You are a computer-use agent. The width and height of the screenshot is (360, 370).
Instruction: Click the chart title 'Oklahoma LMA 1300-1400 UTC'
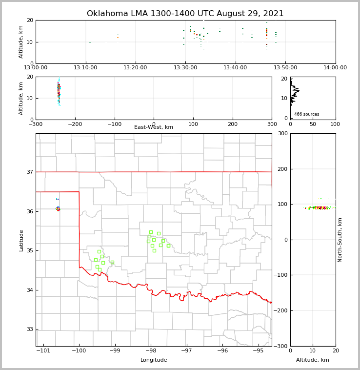coord(185,14)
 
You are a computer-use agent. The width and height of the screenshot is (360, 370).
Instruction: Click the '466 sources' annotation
coord(306,114)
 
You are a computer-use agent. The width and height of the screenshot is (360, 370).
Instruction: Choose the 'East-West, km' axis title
coord(154,127)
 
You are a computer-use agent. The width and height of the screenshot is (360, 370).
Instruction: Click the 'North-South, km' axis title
coord(340,240)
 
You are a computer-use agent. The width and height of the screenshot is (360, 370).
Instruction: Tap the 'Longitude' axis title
coord(154,360)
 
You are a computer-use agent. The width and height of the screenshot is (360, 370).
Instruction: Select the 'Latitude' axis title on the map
coord(21,240)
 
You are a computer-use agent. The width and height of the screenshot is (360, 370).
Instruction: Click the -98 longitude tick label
coord(151,350)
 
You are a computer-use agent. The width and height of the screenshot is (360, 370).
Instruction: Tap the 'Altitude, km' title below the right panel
coord(313,360)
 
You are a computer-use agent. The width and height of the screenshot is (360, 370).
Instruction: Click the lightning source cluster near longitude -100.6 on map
coord(58,209)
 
